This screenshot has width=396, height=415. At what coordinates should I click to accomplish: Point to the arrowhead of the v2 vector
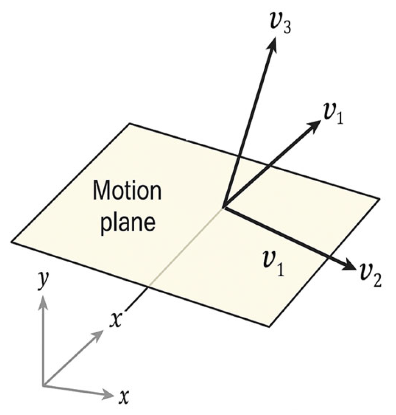coord(349,267)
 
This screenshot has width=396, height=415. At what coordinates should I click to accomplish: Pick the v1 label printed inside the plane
coord(273,265)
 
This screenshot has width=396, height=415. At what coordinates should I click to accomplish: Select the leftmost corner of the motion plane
coord(12,242)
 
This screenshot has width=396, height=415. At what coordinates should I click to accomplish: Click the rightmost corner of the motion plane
coord(379,198)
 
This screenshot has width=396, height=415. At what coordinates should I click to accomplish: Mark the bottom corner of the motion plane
coord(269,327)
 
